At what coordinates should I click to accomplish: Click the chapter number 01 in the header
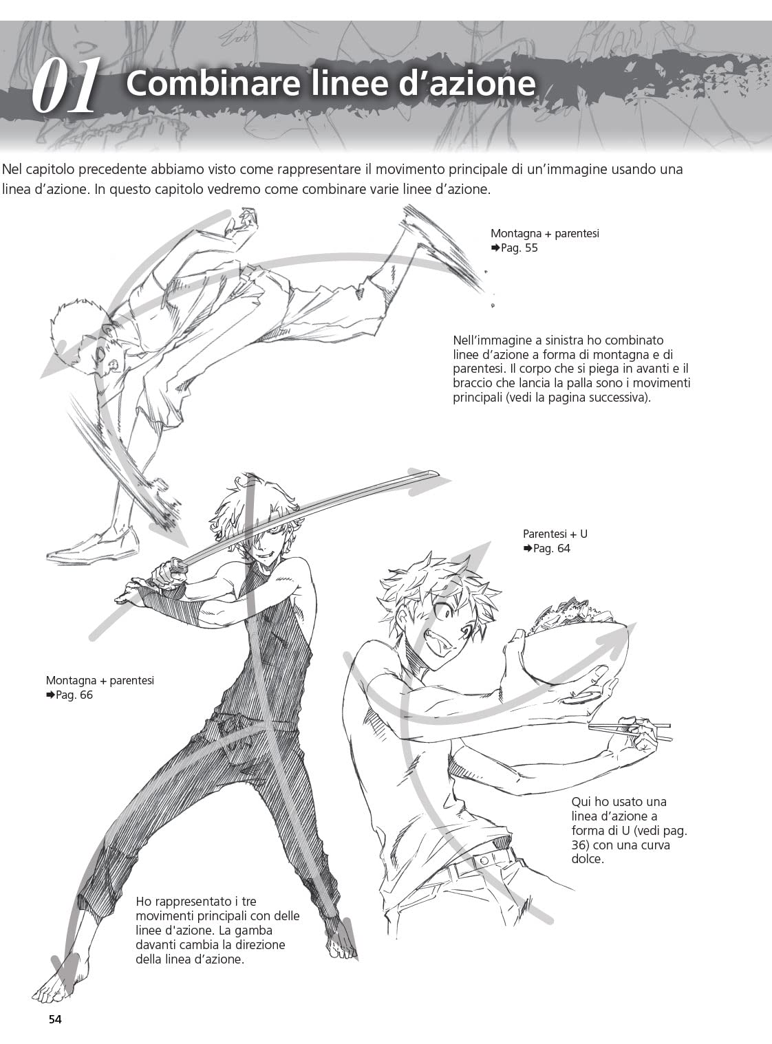pyautogui.click(x=65, y=85)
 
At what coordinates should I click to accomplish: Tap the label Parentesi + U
pyautogui.click(x=555, y=534)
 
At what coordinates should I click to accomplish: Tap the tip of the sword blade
pyautogui.click(x=438, y=472)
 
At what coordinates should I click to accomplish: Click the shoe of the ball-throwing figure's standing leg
pyautogui.click(x=94, y=547)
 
